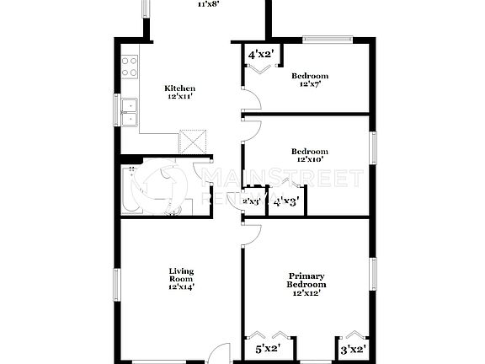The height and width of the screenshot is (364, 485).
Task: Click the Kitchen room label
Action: click(179, 88)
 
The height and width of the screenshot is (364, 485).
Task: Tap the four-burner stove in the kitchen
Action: click(130, 67)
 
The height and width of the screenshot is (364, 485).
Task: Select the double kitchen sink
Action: click(131, 113)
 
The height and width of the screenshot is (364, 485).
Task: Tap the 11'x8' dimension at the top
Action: click(207, 4)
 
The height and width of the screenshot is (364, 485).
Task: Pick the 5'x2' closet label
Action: click(268, 347)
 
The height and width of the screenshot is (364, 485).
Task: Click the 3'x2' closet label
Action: click(352, 347)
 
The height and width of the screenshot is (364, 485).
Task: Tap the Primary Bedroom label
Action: click(307, 281)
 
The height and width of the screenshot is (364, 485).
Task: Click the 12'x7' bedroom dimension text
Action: click(310, 84)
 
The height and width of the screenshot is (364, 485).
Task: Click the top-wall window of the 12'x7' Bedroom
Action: click(328, 38)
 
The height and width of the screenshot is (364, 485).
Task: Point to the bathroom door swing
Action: click(204, 177)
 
